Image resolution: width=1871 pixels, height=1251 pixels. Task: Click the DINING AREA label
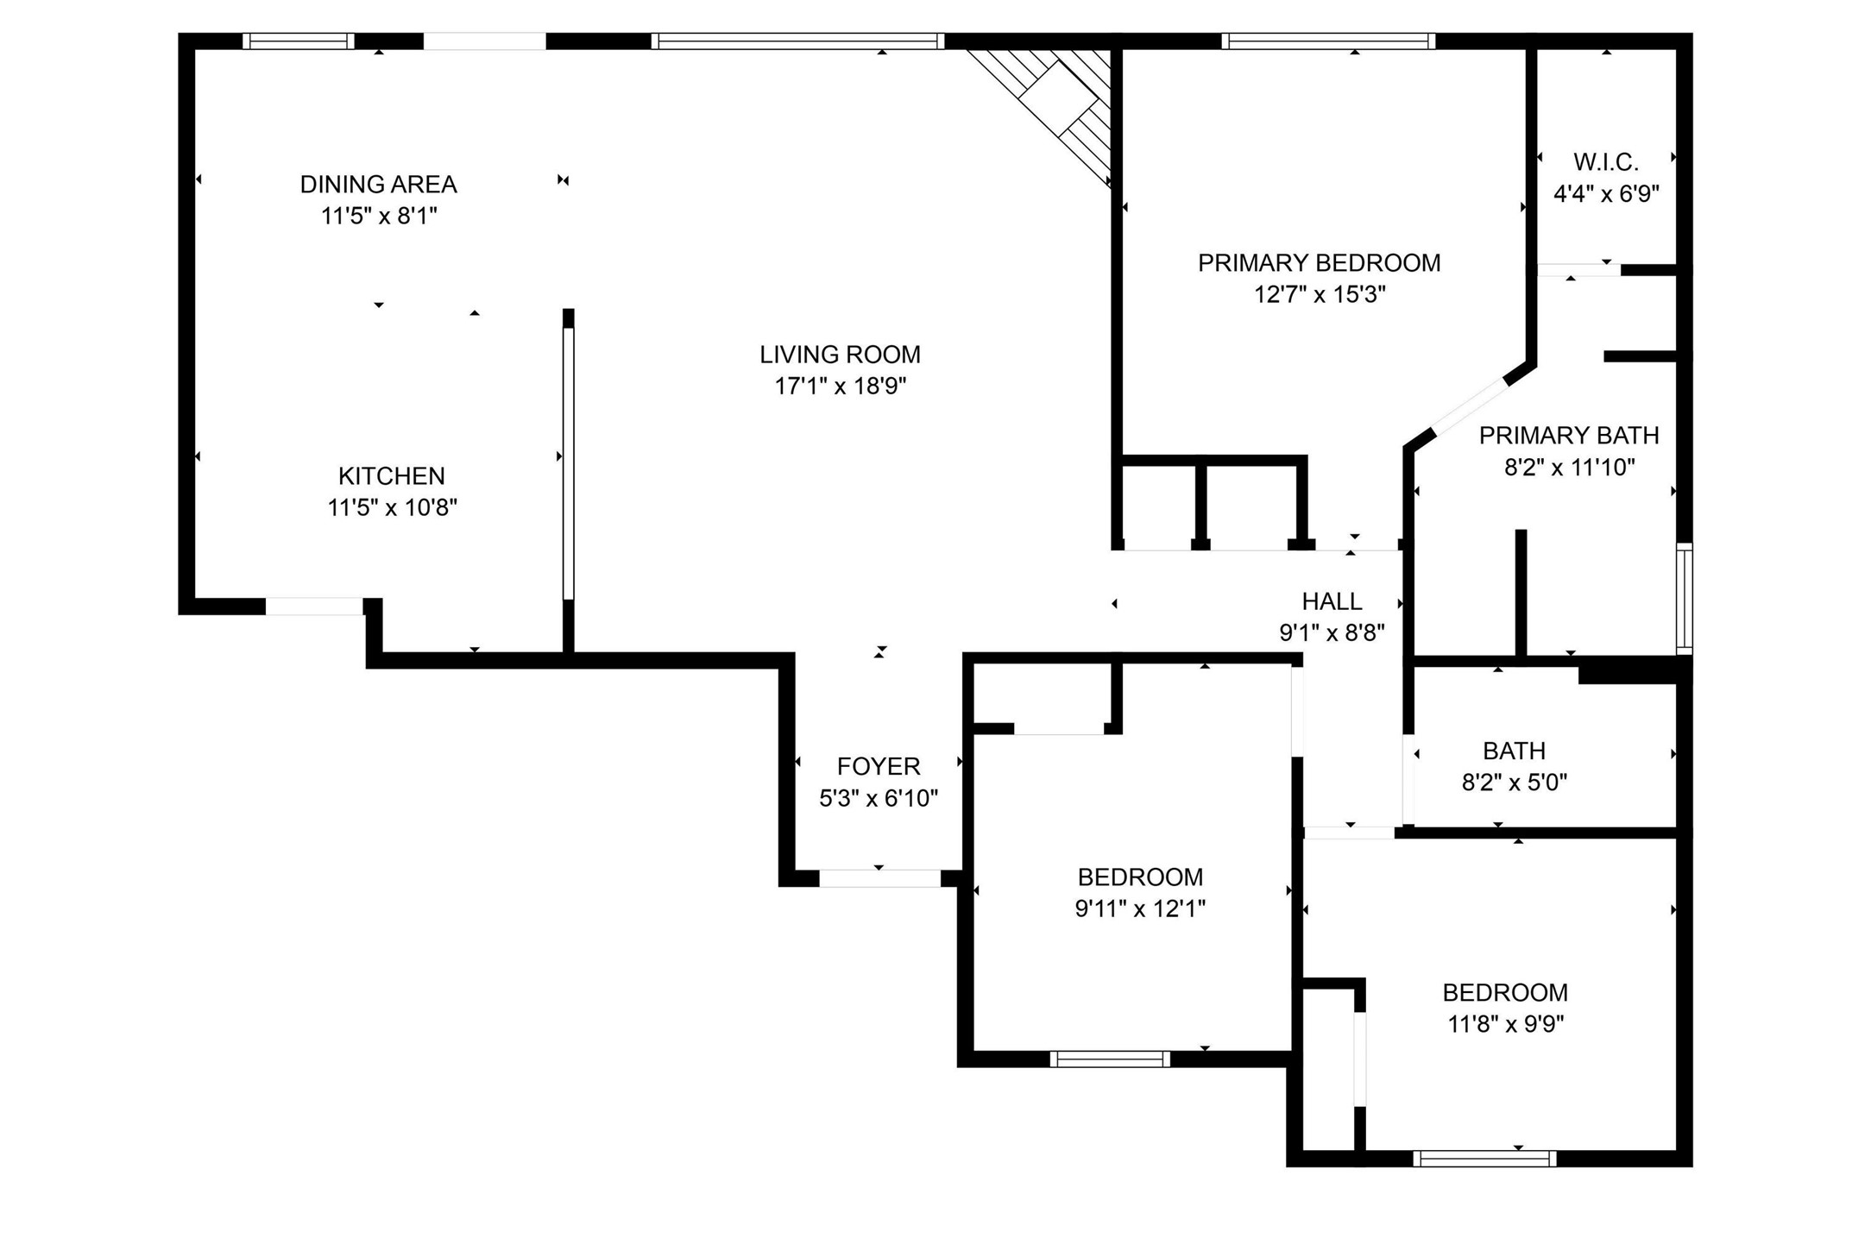(x=378, y=184)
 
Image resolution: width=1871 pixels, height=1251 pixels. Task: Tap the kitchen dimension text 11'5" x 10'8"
(x=392, y=507)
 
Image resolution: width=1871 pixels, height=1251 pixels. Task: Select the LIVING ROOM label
(x=840, y=354)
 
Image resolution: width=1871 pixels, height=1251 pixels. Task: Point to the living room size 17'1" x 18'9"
(x=840, y=386)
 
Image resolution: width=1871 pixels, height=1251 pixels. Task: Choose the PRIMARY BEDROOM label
(x=1319, y=262)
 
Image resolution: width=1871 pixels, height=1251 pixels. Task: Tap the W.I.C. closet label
(x=1605, y=161)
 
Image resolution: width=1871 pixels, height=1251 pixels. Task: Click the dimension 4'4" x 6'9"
(x=1606, y=193)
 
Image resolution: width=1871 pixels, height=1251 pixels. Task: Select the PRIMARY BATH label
(x=1569, y=435)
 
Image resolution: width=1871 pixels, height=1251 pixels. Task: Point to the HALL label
(x=1332, y=600)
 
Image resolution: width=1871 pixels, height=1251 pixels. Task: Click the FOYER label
(x=879, y=766)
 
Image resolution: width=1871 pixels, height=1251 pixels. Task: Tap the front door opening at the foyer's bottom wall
(x=879, y=878)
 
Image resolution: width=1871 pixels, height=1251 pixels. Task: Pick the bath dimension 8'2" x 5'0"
(x=1514, y=783)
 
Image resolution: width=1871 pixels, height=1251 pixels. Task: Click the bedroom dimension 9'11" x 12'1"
(x=1139, y=908)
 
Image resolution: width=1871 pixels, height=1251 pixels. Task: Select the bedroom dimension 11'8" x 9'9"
(x=1505, y=1024)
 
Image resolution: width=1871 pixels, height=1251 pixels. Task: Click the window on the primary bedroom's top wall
(x=1328, y=41)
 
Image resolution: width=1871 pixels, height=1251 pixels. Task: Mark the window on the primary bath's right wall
(x=1684, y=597)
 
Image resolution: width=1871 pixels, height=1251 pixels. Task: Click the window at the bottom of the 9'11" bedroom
(x=1110, y=1059)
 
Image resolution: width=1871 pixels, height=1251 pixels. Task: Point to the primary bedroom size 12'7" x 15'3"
(x=1319, y=294)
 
